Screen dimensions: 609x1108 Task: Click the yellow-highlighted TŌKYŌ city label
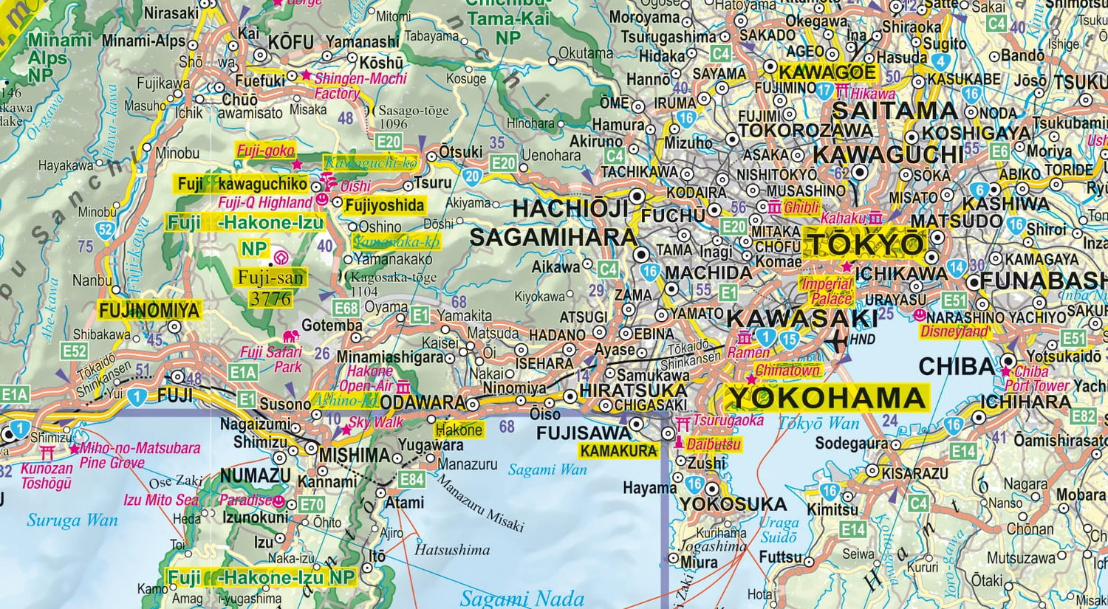pos(864,244)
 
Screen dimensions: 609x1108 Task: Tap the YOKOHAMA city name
pos(827,398)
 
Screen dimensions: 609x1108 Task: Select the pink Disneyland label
pos(954,332)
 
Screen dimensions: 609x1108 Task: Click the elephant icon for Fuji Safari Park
pos(291,337)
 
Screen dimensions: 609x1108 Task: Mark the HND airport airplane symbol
pos(838,340)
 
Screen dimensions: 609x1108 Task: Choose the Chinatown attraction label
pos(787,371)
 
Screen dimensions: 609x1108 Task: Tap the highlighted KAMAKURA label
pos(618,451)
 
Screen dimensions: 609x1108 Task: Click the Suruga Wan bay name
pos(72,520)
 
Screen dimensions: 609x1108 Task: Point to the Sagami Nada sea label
pos(521,598)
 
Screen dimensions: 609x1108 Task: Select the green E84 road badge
pos(411,479)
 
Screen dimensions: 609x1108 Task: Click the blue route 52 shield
pos(106,230)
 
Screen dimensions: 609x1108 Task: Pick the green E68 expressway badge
pos(346,308)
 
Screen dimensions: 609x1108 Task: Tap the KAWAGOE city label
pos(827,72)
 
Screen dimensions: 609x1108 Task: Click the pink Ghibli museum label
pos(801,208)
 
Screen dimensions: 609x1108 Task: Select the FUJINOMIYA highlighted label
pos(149,310)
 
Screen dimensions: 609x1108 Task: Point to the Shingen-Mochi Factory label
pos(360,86)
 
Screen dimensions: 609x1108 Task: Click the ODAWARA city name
pos(424,404)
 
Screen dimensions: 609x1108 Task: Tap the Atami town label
pos(405,503)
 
